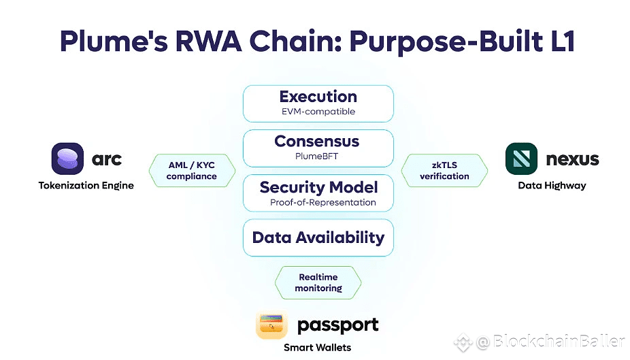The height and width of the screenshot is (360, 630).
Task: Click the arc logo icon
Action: click(67, 159)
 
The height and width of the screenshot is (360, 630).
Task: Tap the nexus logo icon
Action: click(521, 159)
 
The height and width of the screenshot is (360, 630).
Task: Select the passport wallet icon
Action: click(271, 324)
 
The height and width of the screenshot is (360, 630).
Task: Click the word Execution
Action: click(318, 97)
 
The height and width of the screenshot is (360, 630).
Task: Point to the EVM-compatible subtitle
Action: click(318, 112)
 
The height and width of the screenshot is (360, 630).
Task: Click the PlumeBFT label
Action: click(316, 157)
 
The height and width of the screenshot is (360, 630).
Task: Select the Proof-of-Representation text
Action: click(323, 203)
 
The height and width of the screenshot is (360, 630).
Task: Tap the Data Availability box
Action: click(318, 238)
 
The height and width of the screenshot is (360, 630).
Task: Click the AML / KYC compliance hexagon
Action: click(192, 170)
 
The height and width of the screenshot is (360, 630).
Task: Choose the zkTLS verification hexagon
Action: click(444, 170)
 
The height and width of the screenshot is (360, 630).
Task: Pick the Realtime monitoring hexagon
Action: click(318, 282)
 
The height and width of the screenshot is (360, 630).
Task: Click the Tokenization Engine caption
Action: click(86, 186)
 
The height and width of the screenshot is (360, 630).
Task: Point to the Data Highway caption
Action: click(552, 186)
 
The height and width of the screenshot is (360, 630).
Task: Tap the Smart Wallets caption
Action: click(318, 348)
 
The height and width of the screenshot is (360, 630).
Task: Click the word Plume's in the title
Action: click(114, 42)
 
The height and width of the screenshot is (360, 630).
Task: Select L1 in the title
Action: click(563, 41)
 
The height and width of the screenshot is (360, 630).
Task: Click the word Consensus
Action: click(317, 142)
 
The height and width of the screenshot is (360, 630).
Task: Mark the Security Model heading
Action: click(318, 187)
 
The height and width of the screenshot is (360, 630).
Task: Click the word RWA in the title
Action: click(209, 41)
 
